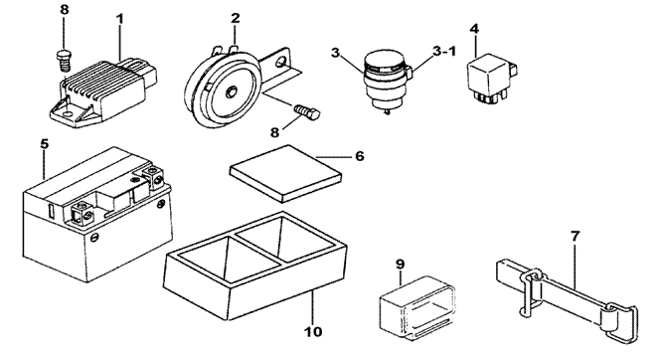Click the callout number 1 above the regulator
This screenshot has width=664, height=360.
120,19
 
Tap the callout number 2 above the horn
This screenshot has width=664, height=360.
236,18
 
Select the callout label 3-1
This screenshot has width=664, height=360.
444,52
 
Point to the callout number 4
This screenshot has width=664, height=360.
474,29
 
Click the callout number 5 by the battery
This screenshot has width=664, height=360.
45,144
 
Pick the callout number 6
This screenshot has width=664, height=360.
359,156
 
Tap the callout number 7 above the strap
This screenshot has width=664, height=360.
575,237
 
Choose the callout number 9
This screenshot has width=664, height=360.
401,265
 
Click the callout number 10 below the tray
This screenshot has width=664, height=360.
313,331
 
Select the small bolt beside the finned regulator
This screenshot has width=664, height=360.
64,61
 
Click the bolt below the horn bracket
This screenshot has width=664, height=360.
307,111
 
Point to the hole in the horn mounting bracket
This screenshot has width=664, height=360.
280,63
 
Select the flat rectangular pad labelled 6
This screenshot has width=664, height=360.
286,173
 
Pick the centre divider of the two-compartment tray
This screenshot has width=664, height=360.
257,249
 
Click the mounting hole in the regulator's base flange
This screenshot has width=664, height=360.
66,113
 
